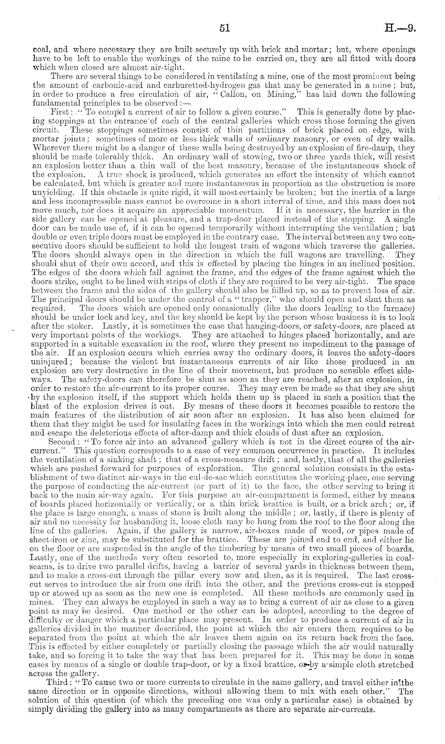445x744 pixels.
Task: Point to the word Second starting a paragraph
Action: coord(61,441)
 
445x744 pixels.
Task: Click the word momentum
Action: coord(241,210)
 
